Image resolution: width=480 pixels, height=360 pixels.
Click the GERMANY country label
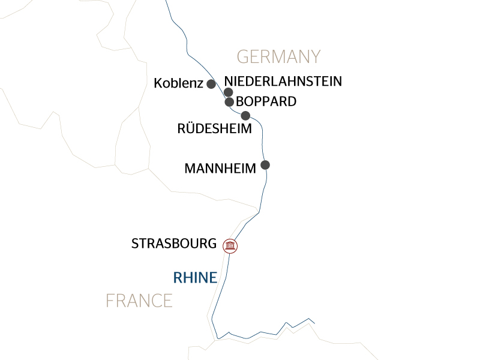pos(279,57)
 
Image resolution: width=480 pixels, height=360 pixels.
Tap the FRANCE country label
pos(139,300)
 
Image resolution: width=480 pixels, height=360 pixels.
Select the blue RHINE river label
pos(194,277)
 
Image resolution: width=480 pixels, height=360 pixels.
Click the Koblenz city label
pos(178,83)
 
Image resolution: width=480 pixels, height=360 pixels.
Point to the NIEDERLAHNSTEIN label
pos(283,81)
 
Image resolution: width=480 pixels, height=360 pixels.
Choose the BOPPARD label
pos(266,101)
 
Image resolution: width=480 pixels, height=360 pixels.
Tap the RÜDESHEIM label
pos(215,128)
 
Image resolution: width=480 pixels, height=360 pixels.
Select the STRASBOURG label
pos(174,244)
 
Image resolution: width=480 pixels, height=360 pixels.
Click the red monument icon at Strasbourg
pos(230,245)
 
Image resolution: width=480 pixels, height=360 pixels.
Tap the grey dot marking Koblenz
pos(211,84)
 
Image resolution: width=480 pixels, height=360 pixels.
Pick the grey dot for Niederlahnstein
pos(229,92)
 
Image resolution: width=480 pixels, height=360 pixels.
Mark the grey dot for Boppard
pos(229,102)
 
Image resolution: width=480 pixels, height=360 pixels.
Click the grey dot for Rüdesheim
pos(245,115)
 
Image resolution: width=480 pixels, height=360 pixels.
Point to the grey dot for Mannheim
pos(265,164)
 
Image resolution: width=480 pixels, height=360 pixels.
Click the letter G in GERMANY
pos(243,57)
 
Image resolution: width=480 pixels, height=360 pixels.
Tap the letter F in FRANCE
pos(110,300)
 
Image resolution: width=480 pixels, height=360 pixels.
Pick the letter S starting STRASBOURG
pos(135,244)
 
